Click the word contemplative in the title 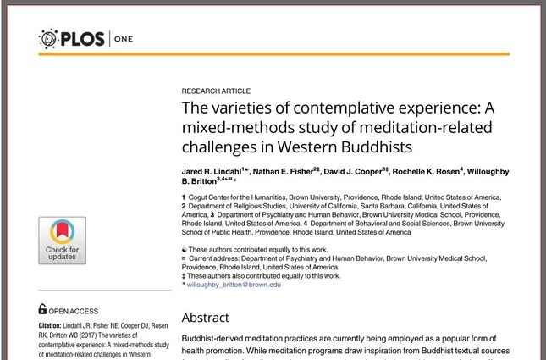338,109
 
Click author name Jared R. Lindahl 213,172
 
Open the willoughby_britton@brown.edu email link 234,285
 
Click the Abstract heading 206,318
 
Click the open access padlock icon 43,310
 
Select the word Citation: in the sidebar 55,325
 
